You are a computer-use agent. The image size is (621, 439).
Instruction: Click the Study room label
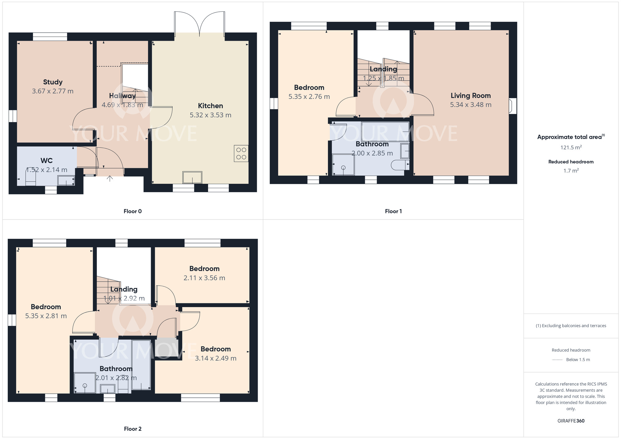(x=53, y=82)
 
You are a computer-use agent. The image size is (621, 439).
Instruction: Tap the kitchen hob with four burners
(x=241, y=153)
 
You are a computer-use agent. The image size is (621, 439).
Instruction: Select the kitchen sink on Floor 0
(x=192, y=177)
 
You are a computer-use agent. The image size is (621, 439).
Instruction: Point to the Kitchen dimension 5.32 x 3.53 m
(x=211, y=115)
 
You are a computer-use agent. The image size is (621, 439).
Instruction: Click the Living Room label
(x=471, y=96)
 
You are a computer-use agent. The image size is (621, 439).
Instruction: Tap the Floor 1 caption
(x=393, y=211)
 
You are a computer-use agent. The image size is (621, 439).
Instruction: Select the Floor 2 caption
(x=133, y=429)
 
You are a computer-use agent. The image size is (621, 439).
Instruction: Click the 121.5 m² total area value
(x=571, y=147)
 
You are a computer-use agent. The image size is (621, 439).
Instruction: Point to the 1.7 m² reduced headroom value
(x=571, y=171)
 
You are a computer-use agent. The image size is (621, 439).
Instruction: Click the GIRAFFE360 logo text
(x=571, y=421)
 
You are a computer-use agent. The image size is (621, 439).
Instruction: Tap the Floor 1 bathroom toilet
(x=400, y=165)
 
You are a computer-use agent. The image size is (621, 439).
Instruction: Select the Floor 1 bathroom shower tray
(x=343, y=165)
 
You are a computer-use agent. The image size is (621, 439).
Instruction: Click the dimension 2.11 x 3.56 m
(x=204, y=278)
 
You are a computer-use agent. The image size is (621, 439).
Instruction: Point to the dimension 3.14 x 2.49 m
(x=216, y=359)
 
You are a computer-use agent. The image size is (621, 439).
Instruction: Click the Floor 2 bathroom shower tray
(x=85, y=383)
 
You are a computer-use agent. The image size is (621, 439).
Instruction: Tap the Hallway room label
(x=122, y=96)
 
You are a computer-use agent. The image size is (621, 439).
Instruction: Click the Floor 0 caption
(x=133, y=211)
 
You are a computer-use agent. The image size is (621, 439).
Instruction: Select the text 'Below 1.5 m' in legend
(x=578, y=360)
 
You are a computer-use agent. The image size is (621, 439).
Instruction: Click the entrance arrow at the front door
(x=110, y=179)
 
